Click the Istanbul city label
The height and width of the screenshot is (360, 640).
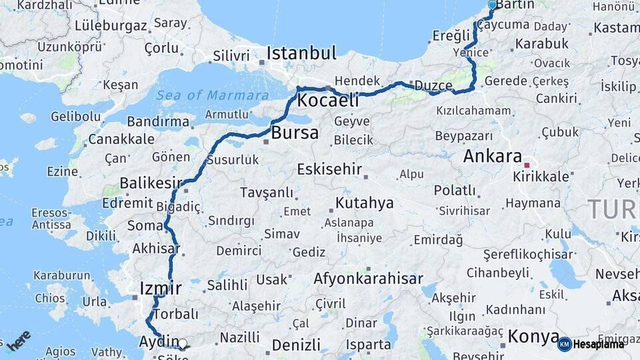(x=301, y=53)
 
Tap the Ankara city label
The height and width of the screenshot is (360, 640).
(x=492, y=157)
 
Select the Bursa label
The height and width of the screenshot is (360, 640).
(x=295, y=133)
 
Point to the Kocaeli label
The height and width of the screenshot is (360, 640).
(x=327, y=101)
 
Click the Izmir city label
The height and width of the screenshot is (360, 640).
(x=160, y=289)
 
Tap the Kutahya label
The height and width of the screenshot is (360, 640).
(x=363, y=202)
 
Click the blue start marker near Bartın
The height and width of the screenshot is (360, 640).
(x=492, y=5)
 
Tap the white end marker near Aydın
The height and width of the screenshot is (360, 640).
(x=183, y=344)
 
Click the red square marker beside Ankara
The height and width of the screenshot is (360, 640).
(x=527, y=164)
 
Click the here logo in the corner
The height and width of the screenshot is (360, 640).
(x=19, y=341)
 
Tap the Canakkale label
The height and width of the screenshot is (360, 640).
(x=121, y=139)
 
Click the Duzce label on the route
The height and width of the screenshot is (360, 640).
(x=433, y=86)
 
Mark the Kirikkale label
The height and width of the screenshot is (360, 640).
(x=541, y=177)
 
